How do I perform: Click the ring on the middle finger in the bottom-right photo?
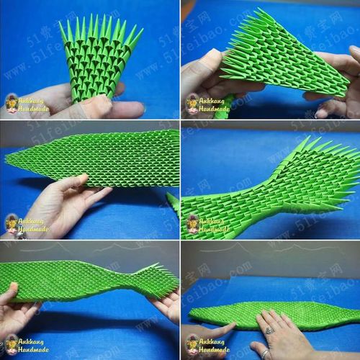tap(269, 330)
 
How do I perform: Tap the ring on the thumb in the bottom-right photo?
tap(264, 353)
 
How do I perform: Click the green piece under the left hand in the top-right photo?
tap(223, 108)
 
